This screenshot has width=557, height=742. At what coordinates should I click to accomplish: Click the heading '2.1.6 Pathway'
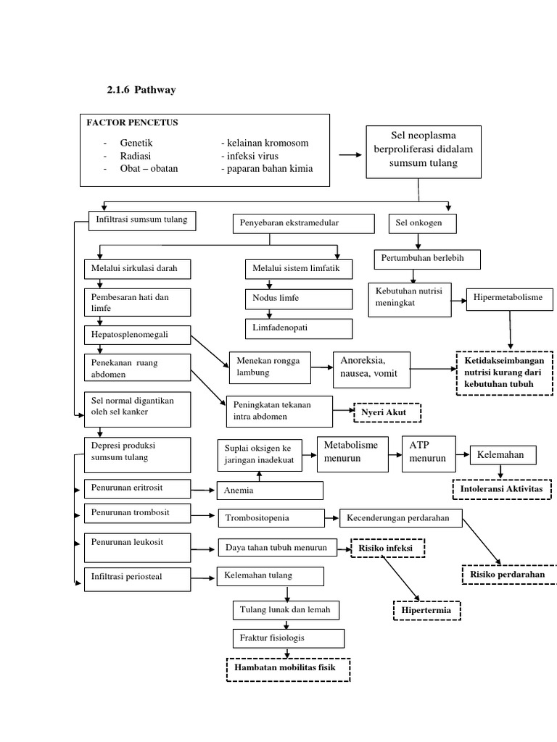[x=141, y=90]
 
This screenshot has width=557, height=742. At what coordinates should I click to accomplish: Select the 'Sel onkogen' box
[x=424, y=224]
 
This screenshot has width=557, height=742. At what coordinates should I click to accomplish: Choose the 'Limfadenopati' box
[x=298, y=328]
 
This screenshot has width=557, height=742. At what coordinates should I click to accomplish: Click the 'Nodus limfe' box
[x=298, y=299]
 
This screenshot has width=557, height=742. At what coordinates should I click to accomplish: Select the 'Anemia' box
[x=270, y=491]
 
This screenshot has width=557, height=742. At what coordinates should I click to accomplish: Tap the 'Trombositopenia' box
[x=271, y=518]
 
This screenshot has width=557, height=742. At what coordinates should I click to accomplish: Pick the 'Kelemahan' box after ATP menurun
[x=503, y=455]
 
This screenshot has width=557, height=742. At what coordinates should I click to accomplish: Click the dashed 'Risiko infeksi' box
[x=388, y=549]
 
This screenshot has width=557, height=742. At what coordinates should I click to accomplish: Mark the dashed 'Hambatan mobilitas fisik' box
[x=288, y=670]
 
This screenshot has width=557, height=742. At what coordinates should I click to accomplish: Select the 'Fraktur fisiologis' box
[x=288, y=638]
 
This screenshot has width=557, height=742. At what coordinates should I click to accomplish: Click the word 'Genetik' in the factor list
[x=136, y=143]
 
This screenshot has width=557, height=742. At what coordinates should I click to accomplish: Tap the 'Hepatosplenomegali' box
[x=137, y=335]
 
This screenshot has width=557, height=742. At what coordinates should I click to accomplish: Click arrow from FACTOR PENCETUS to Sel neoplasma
[x=349, y=155]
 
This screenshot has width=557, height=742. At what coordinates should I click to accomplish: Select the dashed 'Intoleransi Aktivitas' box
[x=502, y=490]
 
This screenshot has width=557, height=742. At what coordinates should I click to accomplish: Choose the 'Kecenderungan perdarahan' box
[x=401, y=518]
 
